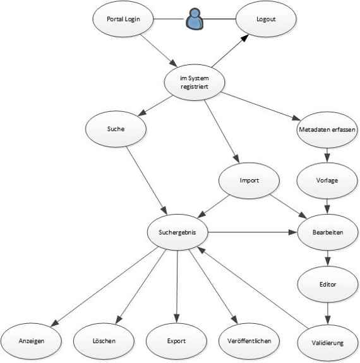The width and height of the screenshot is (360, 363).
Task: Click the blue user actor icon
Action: tap(195, 19)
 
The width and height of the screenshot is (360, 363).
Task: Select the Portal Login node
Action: tap(123, 19)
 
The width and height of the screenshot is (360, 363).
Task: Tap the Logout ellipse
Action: tap(266, 19)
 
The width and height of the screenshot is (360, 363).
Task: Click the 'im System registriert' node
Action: tap(195, 83)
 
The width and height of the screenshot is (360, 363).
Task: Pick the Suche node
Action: tap(116, 129)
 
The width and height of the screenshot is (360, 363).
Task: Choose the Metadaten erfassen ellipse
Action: tap(327, 129)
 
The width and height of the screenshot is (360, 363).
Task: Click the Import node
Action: tap(249, 181)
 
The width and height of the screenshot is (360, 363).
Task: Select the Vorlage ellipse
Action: tap(327, 181)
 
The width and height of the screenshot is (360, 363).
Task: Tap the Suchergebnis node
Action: tap(177, 232)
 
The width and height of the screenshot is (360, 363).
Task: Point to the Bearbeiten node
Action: tap(328, 232)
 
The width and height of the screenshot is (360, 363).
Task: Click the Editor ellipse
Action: tap(328, 284)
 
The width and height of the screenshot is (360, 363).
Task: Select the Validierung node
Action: tap(328, 343)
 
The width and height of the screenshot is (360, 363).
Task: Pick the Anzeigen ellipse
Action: tap(32, 341)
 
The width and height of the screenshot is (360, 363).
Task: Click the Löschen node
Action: tap(104, 341)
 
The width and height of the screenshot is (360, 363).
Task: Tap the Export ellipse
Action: tap(176, 341)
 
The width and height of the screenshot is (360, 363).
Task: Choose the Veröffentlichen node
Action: tap(249, 341)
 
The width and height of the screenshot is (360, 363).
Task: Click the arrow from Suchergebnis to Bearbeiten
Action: tap(253, 232)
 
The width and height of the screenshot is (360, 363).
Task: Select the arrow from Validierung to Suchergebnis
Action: tap(253, 287)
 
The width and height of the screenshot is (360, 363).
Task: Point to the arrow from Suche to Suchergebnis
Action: tap(147, 181)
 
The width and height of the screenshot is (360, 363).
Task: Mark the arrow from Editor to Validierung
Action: tap(328, 313)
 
